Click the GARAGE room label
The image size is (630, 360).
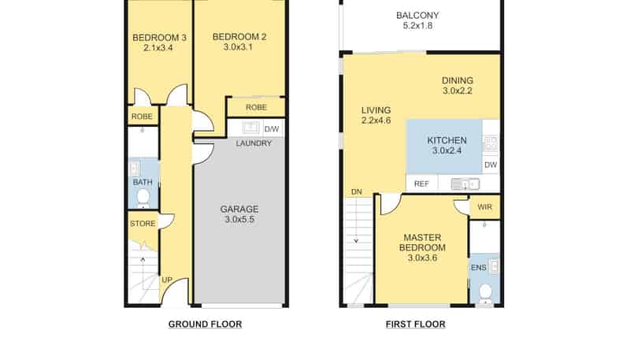[239, 209]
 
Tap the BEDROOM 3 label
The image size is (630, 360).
[159, 38]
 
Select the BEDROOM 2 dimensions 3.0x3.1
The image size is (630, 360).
[238, 47]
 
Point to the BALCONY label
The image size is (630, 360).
[417, 15]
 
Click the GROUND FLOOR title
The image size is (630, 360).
[205, 325]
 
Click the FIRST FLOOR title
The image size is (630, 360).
[416, 325]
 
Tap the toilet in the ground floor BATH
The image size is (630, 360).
[143, 199]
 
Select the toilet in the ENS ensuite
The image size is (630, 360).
[485, 294]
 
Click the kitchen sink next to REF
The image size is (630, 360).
[465, 184]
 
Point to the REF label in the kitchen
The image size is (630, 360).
[421, 184]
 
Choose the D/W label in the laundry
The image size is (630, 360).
[272, 129]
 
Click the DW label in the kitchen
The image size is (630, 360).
[491, 165]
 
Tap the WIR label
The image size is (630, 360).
[484, 207]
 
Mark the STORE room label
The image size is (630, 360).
[143, 224]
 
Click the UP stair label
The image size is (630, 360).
[167, 280]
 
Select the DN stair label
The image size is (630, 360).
[357, 192]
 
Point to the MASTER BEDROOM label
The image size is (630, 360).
[422, 243]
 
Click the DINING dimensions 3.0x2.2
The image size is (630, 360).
[458, 91]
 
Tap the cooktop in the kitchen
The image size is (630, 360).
[491, 144]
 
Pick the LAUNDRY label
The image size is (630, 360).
[254, 143]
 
